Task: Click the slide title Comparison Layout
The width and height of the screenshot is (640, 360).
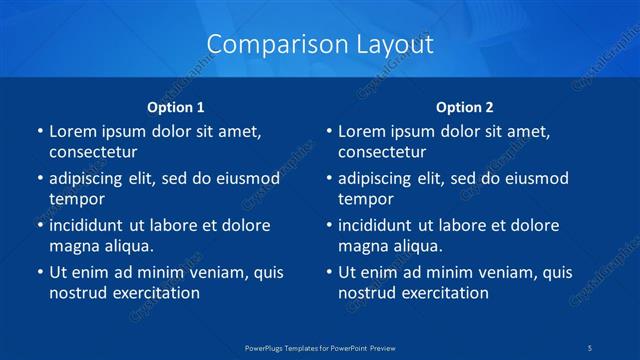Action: (320, 44)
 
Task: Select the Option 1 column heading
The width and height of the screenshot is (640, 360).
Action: (176, 106)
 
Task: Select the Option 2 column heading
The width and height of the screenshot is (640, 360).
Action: (465, 106)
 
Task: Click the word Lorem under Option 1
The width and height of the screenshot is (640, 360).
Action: (74, 131)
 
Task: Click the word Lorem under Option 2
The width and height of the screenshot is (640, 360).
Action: (363, 131)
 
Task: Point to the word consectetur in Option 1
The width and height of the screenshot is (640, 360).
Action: (93, 152)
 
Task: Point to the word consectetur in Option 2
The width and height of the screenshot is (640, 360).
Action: (382, 152)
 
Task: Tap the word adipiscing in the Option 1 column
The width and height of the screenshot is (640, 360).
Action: (90, 179)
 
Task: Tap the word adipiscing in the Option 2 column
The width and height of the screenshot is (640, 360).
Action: (379, 179)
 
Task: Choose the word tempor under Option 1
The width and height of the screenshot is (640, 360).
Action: (77, 199)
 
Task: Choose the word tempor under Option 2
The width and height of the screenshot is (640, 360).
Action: (366, 199)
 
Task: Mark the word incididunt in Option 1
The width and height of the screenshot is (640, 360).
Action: (90, 225)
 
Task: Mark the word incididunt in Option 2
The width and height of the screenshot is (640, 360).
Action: (379, 225)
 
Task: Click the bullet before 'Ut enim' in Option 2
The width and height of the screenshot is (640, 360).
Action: (329, 272)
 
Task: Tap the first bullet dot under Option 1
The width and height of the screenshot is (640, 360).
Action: (40, 131)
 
